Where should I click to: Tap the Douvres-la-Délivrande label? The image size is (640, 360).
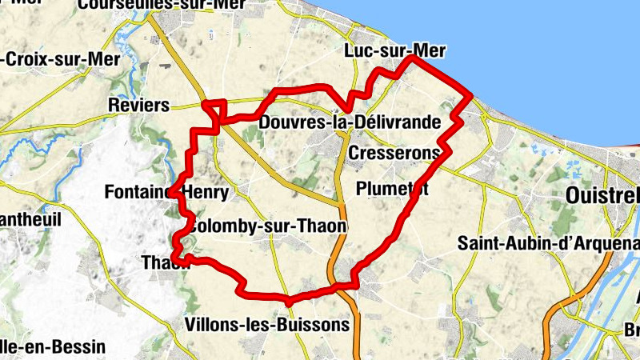350,122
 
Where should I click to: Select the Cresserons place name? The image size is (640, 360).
394,152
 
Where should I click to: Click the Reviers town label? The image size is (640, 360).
138,106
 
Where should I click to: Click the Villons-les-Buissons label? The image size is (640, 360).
266,325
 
